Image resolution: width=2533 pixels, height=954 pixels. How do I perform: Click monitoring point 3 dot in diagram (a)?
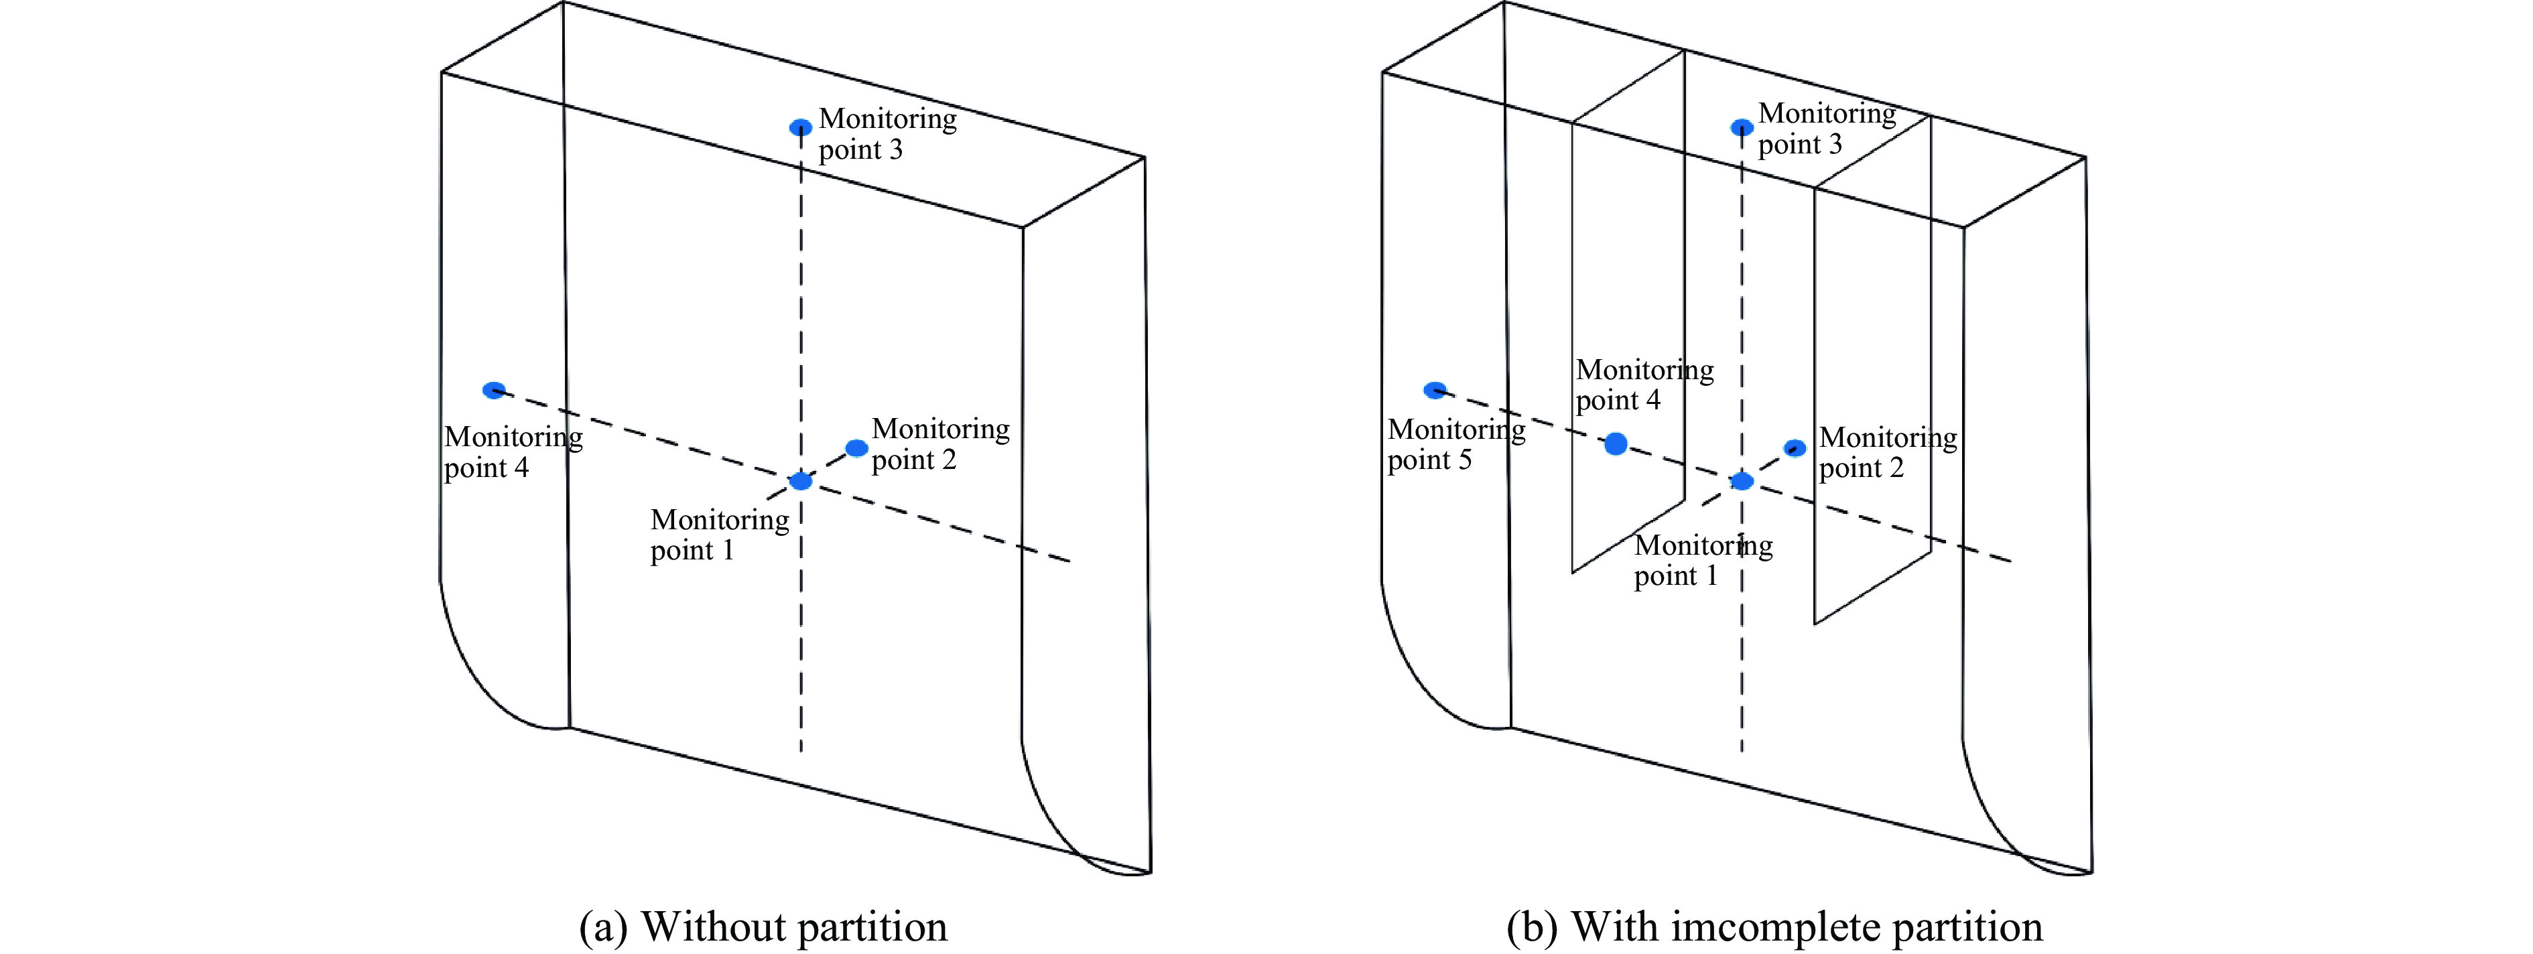801,127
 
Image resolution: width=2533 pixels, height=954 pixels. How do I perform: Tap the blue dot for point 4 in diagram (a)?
494,391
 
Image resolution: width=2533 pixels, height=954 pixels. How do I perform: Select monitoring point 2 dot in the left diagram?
856,448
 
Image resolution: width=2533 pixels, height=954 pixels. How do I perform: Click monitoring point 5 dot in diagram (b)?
1435,391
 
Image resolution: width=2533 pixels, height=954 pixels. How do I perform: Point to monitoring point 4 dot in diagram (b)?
1616,445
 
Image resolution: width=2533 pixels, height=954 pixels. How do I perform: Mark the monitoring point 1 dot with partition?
1742,481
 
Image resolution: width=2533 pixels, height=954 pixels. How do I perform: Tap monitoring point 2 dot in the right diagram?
1795,448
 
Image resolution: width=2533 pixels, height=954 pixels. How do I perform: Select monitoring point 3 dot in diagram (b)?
1742,127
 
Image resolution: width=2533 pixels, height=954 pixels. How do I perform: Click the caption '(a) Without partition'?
763,927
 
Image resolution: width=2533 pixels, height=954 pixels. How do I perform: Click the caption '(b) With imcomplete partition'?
1775,927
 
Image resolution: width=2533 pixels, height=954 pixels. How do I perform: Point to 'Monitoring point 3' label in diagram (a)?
887,134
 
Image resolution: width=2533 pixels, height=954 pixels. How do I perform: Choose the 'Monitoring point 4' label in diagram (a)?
513,452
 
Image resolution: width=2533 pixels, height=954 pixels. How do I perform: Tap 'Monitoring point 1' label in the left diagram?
719,534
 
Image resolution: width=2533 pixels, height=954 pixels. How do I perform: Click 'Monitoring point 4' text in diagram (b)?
1644,385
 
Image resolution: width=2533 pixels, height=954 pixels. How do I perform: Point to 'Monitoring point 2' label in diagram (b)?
1887,452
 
